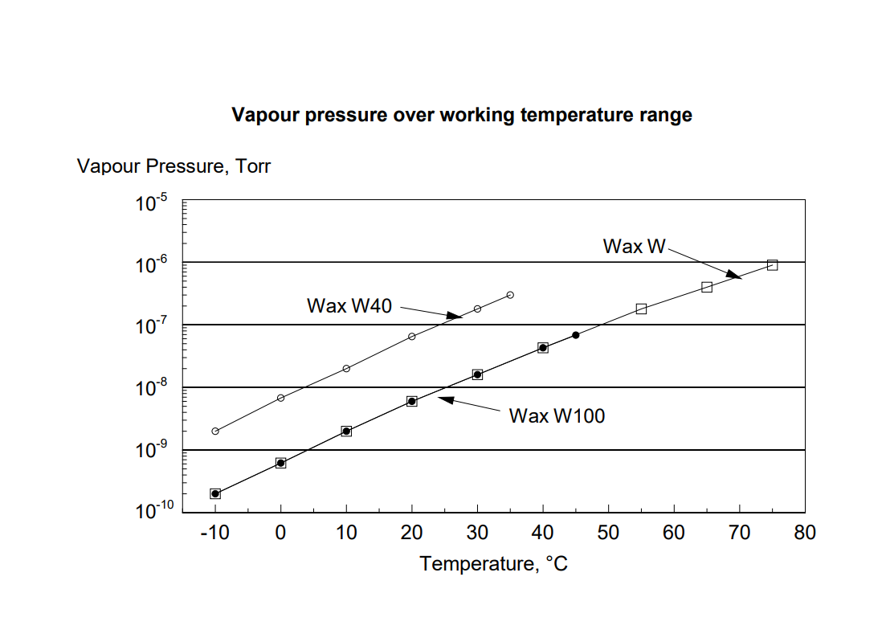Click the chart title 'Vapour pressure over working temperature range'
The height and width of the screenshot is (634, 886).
(x=462, y=115)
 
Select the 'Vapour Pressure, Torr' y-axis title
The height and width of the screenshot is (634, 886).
(x=174, y=166)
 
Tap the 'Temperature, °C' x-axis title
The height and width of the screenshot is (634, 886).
(x=493, y=563)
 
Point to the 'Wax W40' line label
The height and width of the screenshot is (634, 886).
(x=349, y=306)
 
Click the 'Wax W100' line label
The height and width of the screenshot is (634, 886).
(x=557, y=415)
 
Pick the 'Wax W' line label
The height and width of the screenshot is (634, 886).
(x=635, y=247)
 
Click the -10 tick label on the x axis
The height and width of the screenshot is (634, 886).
(x=214, y=533)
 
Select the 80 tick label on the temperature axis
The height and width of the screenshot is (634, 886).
(x=804, y=533)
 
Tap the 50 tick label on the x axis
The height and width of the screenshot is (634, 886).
(x=608, y=533)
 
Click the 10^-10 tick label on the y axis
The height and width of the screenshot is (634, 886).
(x=153, y=510)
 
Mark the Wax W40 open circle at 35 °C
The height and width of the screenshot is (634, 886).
(x=510, y=295)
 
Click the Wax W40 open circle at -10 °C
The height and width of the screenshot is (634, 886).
(x=215, y=432)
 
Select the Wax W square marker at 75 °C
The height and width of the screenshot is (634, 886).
(x=772, y=265)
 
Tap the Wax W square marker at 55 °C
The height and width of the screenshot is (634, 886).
(x=641, y=309)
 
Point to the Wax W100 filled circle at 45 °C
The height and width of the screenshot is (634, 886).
(x=575, y=335)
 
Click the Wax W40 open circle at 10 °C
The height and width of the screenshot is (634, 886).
(x=346, y=369)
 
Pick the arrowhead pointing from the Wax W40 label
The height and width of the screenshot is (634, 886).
(x=455, y=316)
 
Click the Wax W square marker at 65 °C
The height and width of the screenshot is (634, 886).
(x=707, y=287)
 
